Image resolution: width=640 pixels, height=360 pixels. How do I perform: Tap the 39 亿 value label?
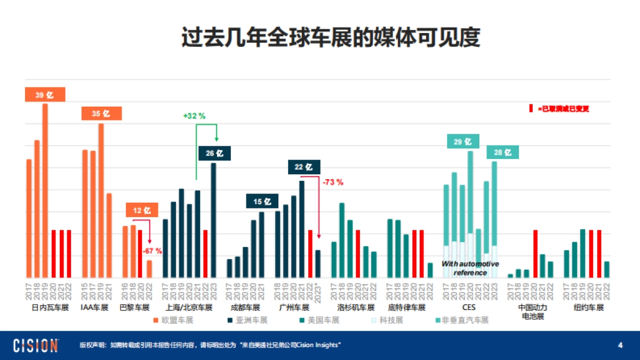45,94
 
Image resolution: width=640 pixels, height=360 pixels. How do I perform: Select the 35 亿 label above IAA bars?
101,114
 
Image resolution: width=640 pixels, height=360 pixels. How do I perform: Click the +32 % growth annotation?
194,115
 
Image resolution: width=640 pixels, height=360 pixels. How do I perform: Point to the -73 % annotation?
333,182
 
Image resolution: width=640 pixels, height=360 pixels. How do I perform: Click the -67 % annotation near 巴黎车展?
152,250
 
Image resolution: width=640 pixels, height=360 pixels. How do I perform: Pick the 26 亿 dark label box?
214,153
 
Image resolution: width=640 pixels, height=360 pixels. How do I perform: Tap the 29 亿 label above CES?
462,141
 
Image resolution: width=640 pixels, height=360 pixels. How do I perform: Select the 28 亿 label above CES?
502,153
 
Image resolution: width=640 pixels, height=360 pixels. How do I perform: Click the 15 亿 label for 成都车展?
262,202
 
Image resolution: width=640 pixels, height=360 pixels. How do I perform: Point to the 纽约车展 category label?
588,308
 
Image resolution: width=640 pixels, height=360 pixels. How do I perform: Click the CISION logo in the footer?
36,345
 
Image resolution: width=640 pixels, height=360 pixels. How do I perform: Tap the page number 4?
620,345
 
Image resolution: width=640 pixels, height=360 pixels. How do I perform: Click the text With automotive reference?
470,268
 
